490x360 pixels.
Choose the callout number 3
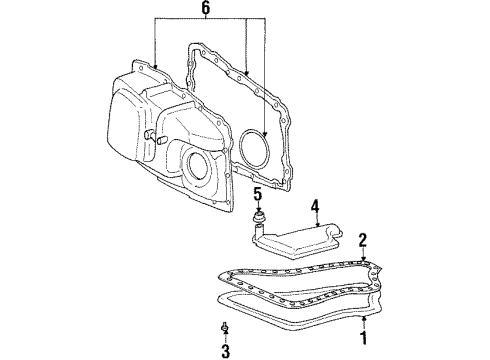pyautogui.click(x=225, y=351)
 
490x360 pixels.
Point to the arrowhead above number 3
pyautogui.click(x=226, y=335)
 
